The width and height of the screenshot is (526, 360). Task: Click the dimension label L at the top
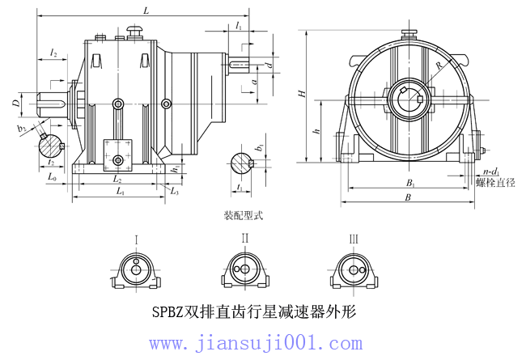click(x=146, y=11)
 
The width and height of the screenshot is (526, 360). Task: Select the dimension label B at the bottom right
click(x=408, y=197)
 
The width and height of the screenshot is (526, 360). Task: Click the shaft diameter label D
click(x=15, y=103)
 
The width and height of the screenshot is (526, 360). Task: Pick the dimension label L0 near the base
click(x=52, y=175)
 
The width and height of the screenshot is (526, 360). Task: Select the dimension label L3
click(x=175, y=191)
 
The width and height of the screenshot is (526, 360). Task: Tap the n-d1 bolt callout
click(x=490, y=172)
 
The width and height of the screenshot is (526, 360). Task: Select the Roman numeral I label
click(x=138, y=239)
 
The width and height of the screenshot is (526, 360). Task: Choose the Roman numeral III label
click(x=354, y=239)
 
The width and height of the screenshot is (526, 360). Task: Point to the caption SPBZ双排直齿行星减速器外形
click(x=253, y=311)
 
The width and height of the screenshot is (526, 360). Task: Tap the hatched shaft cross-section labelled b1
click(x=241, y=163)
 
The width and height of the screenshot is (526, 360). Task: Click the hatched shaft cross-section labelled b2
click(x=51, y=147)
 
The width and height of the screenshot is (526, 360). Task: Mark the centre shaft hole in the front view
click(x=406, y=99)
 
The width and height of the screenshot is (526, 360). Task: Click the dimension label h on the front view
click(x=316, y=129)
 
